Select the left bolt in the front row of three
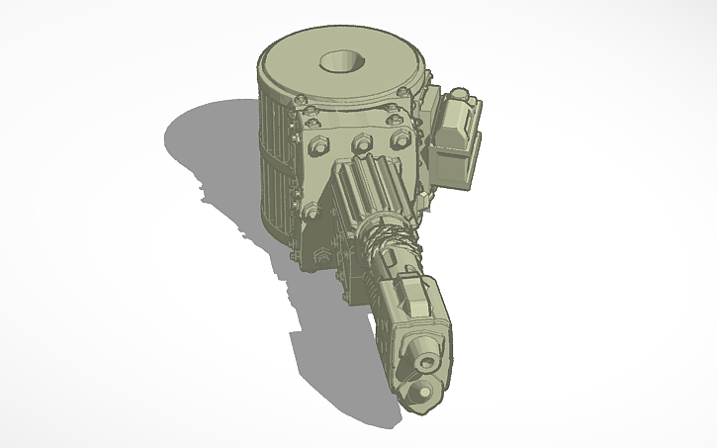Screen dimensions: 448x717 coord(319,145)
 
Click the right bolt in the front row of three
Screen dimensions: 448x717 coord(400,140)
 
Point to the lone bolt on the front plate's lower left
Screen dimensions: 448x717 coord(312,210)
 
